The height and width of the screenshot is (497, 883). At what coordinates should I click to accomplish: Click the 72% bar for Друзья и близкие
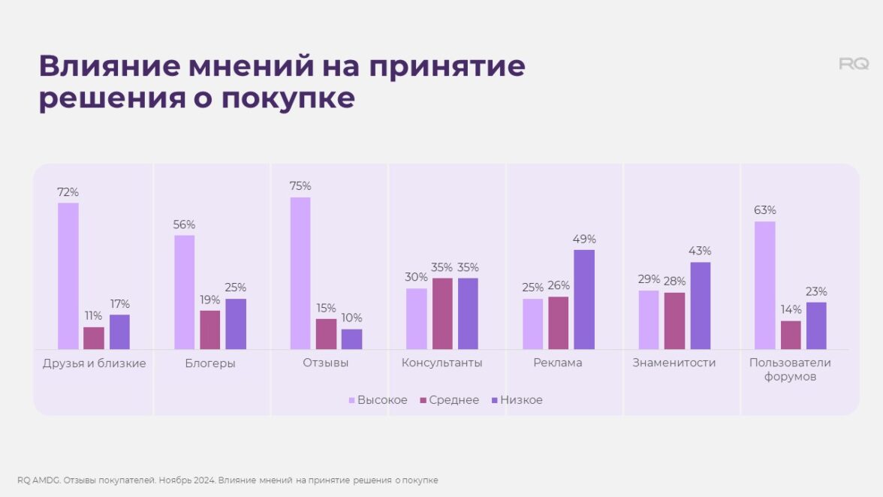point(68,276)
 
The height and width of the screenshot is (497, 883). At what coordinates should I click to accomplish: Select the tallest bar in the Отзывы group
point(300,273)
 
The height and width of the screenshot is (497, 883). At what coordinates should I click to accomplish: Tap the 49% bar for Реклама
point(584,299)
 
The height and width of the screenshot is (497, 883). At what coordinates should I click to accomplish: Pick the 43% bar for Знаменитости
point(700,305)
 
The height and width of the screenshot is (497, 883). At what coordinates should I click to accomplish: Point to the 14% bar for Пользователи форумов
point(791,335)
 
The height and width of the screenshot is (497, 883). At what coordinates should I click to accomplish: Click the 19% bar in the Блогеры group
point(210,330)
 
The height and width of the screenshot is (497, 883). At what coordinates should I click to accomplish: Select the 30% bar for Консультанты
point(416,318)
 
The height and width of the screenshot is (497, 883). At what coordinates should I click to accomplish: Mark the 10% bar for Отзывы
point(351,339)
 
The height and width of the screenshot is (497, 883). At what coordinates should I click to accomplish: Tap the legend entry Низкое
point(520,400)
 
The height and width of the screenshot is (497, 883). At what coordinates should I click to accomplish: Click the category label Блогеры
point(209,363)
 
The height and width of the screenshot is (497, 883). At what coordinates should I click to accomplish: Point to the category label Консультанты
point(441,363)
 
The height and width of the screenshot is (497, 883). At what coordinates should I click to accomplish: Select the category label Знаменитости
point(674,363)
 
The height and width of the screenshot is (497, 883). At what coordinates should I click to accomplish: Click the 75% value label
point(300,186)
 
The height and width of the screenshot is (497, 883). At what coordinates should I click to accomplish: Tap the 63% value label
point(765,210)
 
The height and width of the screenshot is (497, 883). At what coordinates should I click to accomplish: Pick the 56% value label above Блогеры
point(184,224)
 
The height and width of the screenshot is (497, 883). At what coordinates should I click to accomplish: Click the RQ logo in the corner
point(854,65)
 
